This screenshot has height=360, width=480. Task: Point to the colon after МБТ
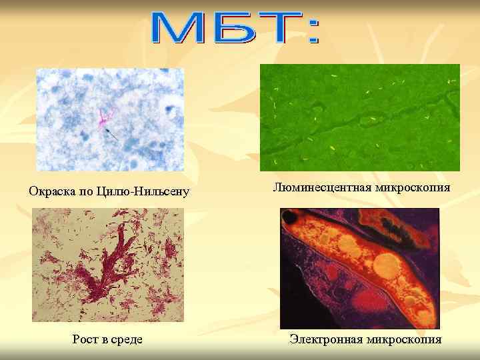313,31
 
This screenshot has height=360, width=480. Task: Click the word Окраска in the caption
52,193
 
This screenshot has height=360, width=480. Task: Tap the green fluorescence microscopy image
359,117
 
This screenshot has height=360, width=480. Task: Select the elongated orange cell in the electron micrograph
373,267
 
